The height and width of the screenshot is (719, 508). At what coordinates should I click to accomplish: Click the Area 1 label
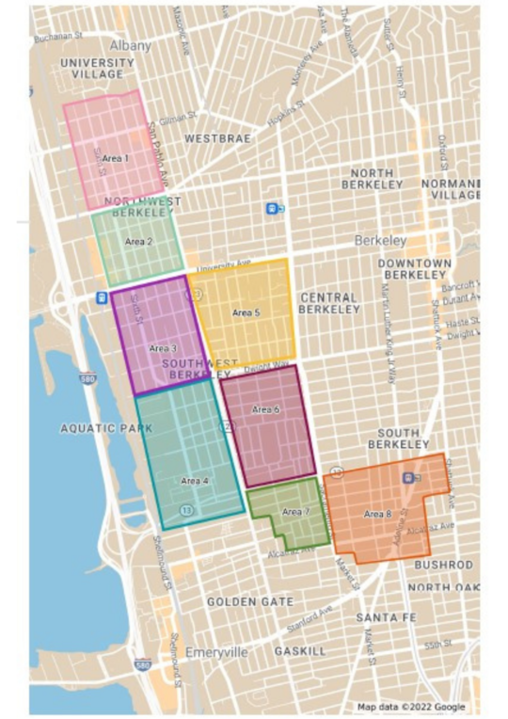(114, 158)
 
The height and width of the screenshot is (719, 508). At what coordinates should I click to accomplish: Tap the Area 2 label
(138, 242)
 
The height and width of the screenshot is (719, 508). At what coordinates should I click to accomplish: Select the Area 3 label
(162, 347)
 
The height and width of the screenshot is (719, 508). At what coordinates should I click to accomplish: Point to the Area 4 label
(194, 481)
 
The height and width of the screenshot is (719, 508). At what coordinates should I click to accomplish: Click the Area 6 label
(265, 409)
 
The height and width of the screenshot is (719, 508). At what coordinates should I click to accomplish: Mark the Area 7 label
(294, 511)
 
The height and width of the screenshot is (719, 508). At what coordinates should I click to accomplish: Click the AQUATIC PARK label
(105, 428)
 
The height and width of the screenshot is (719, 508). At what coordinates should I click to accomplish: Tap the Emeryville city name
(215, 652)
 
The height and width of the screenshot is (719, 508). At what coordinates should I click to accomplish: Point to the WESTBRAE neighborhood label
(218, 137)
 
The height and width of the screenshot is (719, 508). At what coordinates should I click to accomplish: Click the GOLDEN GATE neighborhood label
(250, 601)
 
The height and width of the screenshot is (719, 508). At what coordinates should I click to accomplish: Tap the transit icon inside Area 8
(407, 477)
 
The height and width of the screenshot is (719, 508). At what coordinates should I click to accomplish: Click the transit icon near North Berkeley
(272, 209)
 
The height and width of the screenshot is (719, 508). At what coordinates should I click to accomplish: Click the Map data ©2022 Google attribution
(411, 706)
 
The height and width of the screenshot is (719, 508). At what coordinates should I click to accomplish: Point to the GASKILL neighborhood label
(299, 651)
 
